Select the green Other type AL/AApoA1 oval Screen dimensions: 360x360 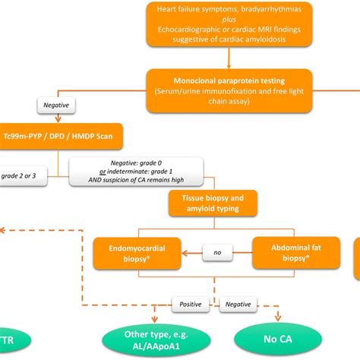(152, 337)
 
